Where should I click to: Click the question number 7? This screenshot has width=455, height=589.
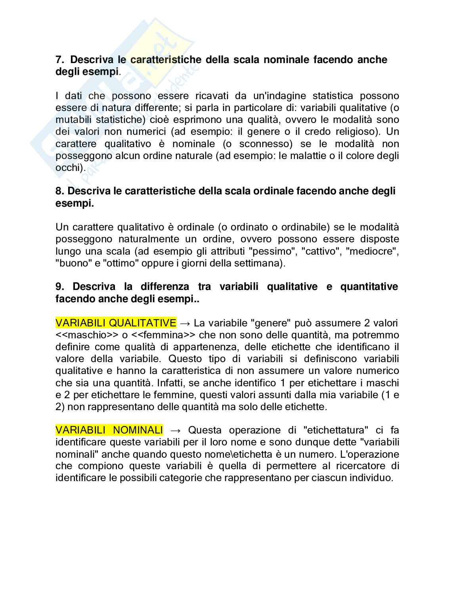click(x=59, y=60)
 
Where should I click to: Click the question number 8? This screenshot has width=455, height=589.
click(x=59, y=191)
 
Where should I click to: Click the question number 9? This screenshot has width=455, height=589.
click(x=59, y=287)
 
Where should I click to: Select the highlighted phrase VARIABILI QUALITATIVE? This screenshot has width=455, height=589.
click(x=116, y=323)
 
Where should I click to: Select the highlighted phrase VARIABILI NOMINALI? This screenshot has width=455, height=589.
click(x=109, y=430)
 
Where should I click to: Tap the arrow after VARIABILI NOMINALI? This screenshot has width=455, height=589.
click(x=175, y=430)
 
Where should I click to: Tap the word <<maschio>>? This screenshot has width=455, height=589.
click(x=87, y=335)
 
